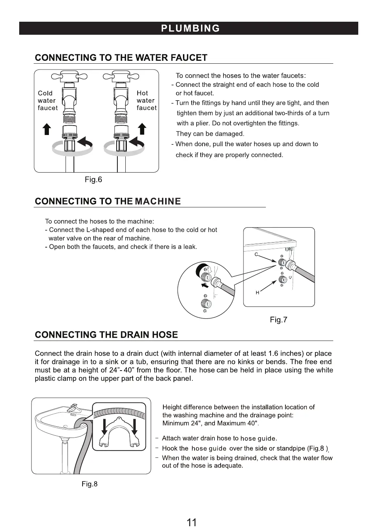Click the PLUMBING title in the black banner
190,28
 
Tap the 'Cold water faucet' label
47,101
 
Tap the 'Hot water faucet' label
146,101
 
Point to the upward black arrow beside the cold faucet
46,128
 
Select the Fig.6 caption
93,180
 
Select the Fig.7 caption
278,320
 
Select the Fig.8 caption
89,484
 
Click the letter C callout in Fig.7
256,254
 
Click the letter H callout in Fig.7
258,292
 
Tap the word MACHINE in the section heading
157,202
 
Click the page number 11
192,522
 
